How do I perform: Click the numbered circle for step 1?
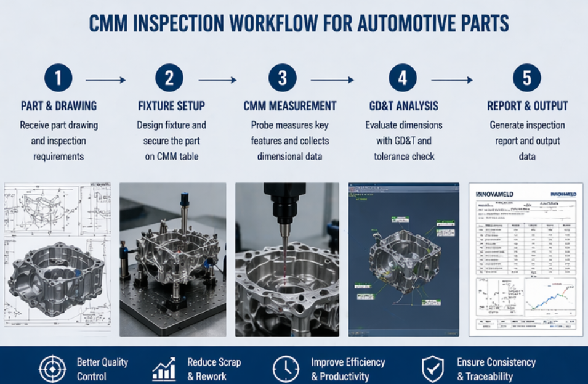58,78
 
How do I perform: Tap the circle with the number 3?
283,78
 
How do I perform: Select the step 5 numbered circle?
527,78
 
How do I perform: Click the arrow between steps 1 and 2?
105,80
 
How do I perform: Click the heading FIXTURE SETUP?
171,105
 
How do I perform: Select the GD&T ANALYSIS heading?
404,105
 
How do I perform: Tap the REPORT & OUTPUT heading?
527,105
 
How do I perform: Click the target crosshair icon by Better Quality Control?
52,369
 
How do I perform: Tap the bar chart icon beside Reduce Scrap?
164,369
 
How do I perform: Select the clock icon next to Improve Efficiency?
286,369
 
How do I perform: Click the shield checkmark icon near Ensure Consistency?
432,369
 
